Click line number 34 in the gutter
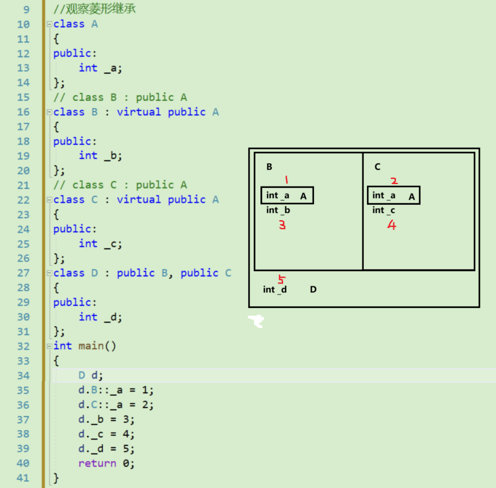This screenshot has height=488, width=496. [x=23, y=376]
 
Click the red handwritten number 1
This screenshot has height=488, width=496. [x=287, y=180]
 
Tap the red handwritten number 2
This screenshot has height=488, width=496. [x=394, y=181]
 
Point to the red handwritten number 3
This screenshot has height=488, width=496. [x=282, y=225]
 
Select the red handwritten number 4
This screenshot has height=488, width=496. [x=391, y=225]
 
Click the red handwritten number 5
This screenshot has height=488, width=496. [x=281, y=279]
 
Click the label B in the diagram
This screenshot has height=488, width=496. [x=269, y=167]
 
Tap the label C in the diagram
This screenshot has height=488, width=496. [x=377, y=167]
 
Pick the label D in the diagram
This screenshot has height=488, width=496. [x=313, y=289]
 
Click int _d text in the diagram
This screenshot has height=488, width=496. [x=275, y=289]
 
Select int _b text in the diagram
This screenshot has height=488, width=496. [x=278, y=211]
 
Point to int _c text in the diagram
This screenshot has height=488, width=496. [x=384, y=211]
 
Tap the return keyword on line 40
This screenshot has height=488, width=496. [x=97, y=463]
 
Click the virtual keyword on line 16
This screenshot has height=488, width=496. [x=139, y=112]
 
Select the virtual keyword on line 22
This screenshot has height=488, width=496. [x=139, y=200]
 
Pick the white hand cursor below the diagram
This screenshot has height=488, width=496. [x=256, y=320]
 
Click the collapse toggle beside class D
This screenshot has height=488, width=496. [x=50, y=273]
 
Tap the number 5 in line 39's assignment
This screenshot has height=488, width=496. [x=126, y=449]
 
